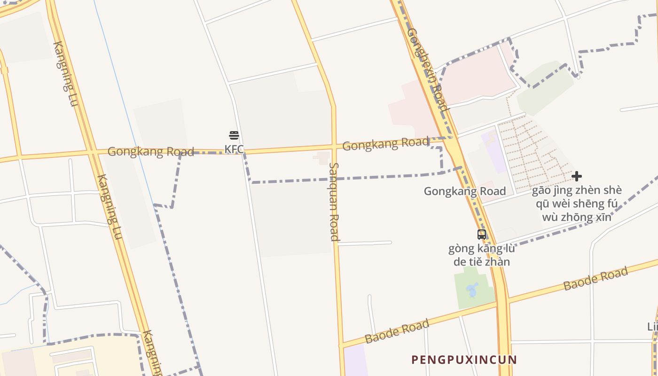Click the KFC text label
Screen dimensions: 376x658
pos(234,149)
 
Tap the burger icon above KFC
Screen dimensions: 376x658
pos(234,136)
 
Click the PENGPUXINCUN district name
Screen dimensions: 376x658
pos(464,360)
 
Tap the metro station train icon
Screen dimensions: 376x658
pos(482,234)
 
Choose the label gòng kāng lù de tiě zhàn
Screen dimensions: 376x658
pos(482,255)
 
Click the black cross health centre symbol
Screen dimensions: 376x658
pos(577,176)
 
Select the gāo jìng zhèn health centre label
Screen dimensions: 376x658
pos(577,204)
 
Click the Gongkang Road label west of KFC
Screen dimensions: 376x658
pos(150,151)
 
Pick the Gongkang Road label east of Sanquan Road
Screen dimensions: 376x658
pos(385,144)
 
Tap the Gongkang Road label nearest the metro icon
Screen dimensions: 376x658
pos(464,191)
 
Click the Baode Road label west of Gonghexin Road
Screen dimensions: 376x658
pos(397,331)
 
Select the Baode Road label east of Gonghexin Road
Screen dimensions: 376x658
pos(595,278)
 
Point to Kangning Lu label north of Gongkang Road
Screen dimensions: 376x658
pos(65,73)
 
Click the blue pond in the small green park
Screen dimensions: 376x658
pos(473,290)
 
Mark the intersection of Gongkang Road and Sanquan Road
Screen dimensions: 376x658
pos(334,147)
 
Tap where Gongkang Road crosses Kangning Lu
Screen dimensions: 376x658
pos(92,152)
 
